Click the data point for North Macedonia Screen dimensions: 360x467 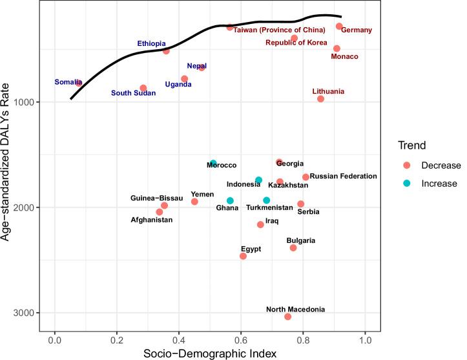pos(287,316)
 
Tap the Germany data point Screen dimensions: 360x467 pos(339,26)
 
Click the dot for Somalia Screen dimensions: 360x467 pos(79,83)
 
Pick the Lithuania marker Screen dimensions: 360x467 pos(320,99)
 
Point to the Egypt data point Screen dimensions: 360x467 pos(243,256)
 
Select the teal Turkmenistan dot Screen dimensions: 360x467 pos(266,200)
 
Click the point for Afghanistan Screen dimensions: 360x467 pos(160,212)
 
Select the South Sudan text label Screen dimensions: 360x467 pos(134,93)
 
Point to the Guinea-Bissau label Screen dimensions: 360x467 pos(157,198)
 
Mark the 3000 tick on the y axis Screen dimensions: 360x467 pos(33,313)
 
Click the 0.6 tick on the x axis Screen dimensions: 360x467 pos(241,337)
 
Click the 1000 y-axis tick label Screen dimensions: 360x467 pos(33,102)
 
